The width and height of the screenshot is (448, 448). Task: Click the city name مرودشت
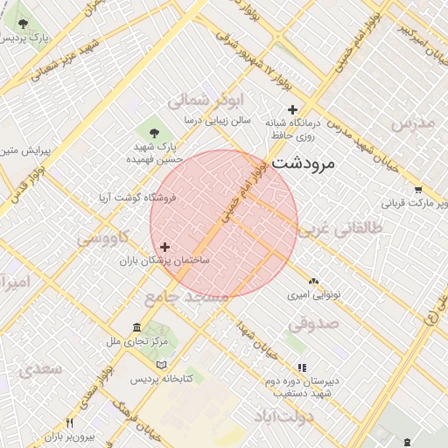pos(305,163)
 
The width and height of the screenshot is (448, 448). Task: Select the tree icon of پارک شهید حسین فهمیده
pos(155,132)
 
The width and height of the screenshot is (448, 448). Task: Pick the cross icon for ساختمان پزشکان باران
pos(165,248)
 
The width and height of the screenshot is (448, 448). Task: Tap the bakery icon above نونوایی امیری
pos(313,281)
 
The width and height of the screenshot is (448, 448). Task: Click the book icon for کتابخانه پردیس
pos(161,363)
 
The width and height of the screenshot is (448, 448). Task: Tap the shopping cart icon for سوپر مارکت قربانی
pos(418,190)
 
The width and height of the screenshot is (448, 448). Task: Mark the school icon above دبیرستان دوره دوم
pos(302,368)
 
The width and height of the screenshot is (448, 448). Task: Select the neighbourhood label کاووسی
pos(103,237)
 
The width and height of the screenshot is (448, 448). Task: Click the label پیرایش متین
pos(26,151)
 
